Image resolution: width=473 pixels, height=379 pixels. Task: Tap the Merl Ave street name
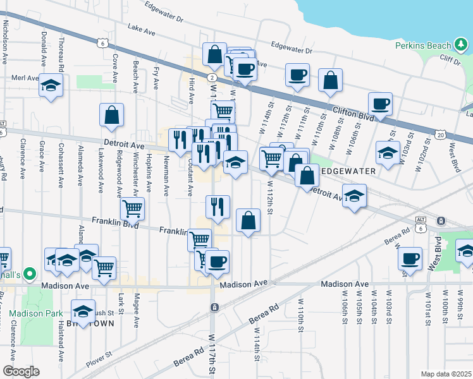tap(25, 78)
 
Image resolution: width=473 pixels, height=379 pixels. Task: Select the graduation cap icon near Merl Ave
tap(51, 85)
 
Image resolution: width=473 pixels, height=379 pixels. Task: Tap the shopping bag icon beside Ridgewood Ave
tap(111, 116)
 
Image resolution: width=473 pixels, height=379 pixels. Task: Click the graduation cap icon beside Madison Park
tap(82, 311)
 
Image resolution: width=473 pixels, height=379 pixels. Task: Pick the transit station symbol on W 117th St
tap(215, 307)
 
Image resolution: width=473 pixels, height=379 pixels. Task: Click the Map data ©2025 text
tap(445, 374)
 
